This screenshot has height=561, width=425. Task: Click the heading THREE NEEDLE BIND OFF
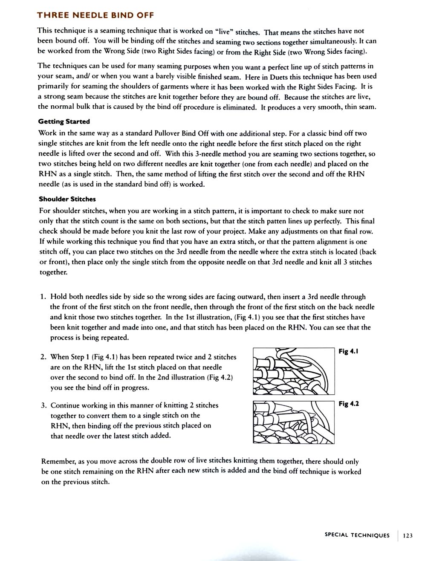coord(95,15)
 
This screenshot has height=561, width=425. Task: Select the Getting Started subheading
coord(64,121)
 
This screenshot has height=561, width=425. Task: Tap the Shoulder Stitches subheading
coord(67,199)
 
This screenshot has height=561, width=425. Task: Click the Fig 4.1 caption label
coord(348,352)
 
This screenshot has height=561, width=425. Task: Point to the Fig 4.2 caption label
coord(349,404)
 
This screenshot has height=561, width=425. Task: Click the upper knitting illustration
coord(293,371)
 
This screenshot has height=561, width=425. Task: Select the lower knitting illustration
coord(293,422)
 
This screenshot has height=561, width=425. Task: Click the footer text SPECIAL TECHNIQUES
coord(357,535)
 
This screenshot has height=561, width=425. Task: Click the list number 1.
coord(43,297)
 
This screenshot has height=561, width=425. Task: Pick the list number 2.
coord(43,357)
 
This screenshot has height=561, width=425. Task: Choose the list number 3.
coord(43,405)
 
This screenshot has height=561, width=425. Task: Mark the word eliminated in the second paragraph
coord(237,107)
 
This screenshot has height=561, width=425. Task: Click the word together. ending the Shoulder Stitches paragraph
coord(53,272)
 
